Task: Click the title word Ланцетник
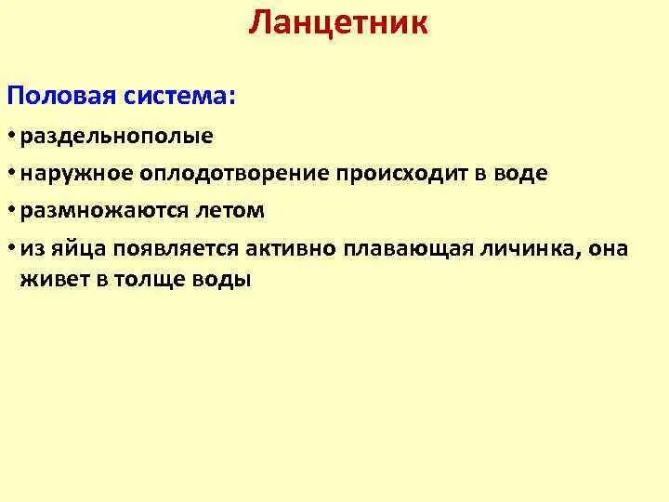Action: coord(338,22)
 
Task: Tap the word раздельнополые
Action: coord(117,137)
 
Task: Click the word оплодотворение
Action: coord(230,174)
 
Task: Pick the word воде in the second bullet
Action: coord(521,174)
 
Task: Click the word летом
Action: coord(230,211)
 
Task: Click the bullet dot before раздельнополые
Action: coord(13,138)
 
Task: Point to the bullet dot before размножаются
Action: coord(13,212)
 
